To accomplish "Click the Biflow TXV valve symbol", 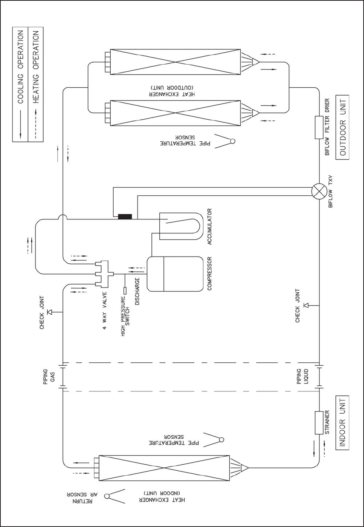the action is coord(319,192).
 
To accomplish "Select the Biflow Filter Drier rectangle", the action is coord(319,127).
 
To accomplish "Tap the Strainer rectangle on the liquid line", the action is coord(319,423).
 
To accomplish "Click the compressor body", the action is coord(175,274).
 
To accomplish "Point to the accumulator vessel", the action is coord(180,226).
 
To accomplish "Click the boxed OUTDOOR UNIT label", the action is coord(342,127).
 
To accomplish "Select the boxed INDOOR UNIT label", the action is coord(342,422).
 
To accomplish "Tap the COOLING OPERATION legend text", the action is coord(21,67).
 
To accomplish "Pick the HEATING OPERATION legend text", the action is coord(36,67).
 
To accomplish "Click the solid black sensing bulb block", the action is coord(125,216).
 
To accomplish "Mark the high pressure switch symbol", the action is coord(125,291).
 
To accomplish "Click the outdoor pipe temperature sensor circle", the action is coord(233,141).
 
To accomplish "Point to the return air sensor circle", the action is coord(107,496).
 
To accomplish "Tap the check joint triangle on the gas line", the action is coord(49,312).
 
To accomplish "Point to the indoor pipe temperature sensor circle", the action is coord(221,439).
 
